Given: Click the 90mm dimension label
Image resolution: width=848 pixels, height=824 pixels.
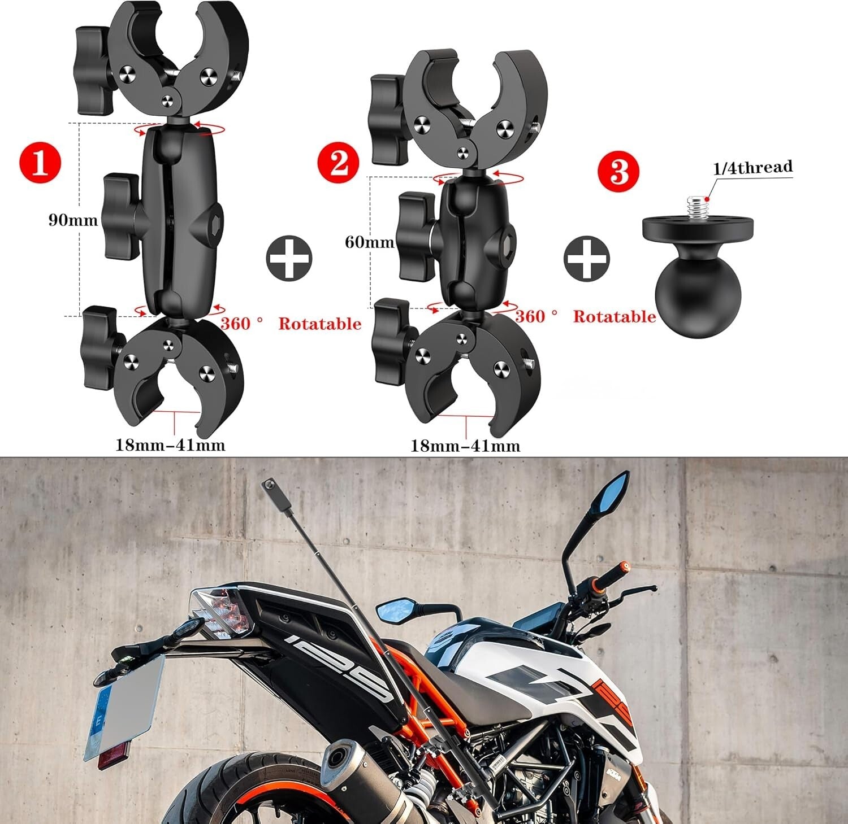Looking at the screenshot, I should point(72,220).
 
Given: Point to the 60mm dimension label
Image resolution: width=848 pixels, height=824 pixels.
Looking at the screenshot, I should point(369,242).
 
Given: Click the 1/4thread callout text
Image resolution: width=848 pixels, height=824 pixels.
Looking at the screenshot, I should point(752,167).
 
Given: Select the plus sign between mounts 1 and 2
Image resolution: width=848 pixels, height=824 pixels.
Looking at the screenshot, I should point(289,258).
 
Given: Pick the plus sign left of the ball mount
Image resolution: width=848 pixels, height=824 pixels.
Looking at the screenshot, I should point(586,258).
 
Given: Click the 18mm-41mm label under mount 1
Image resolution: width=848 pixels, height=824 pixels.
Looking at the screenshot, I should point(170,445).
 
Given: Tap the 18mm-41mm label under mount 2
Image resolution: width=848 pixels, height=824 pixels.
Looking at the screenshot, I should point(465,446).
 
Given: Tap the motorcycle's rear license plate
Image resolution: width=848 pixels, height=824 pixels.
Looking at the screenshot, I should point(122,707).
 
